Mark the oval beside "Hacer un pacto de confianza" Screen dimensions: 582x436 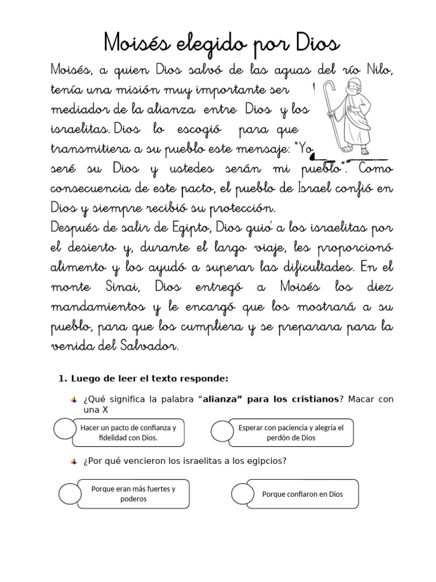[x=65, y=429]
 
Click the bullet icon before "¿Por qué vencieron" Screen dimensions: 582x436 [x=74, y=462]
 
